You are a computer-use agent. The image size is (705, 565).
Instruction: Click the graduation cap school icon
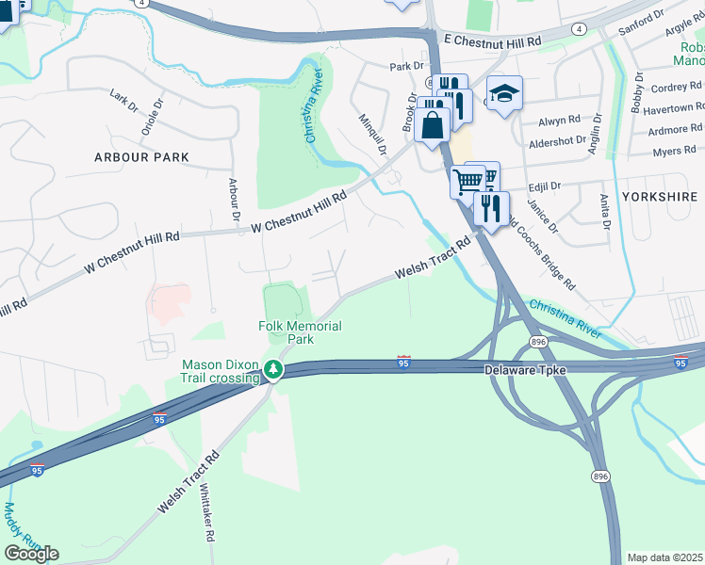point(504,94)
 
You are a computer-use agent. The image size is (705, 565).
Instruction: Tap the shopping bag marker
point(432,125)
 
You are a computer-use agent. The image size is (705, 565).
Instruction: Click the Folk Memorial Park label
point(300,332)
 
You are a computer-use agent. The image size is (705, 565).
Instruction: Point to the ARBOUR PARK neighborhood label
point(141,157)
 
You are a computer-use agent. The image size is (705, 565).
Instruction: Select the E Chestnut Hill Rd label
point(492,42)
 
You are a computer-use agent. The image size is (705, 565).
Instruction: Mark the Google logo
point(31,553)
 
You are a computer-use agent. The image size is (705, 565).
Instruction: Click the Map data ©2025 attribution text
point(665,557)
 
